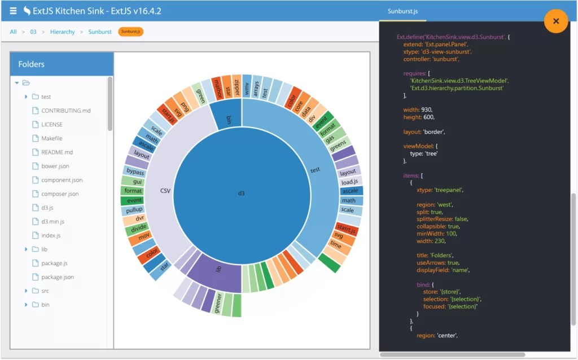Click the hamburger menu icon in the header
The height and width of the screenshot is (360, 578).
coord(13,11)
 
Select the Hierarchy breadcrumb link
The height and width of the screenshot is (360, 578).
coord(62,32)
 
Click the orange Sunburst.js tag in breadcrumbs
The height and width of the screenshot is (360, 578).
coord(131,32)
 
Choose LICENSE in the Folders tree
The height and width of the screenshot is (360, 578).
coord(52,124)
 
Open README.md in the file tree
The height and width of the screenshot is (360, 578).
coord(57,152)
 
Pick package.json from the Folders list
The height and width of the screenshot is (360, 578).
coord(57,277)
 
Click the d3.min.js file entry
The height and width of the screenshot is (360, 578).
coord(52,222)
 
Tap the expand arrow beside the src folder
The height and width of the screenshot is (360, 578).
coord(27,291)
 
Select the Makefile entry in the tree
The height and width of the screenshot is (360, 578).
coord(51,138)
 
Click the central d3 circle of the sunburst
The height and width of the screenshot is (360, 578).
coord(242,194)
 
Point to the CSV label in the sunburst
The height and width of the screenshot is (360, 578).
coord(165,191)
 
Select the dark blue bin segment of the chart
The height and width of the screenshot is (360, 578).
coord(229,119)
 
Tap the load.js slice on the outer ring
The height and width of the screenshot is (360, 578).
coord(349,182)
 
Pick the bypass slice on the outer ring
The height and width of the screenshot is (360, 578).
coord(135,171)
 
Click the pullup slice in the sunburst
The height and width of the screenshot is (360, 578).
coord(134,210)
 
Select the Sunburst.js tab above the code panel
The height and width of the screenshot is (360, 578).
coord(402,11)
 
